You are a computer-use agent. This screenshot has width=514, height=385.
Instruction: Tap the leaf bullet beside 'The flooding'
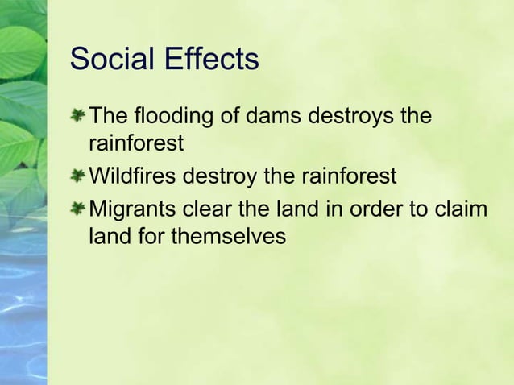point(77,117)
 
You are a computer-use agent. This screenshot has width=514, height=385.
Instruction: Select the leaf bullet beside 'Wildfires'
point(77,176)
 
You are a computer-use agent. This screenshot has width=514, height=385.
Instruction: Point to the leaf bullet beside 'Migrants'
point(77,209)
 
